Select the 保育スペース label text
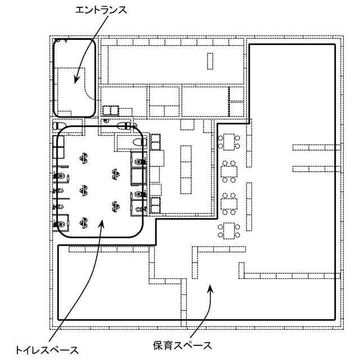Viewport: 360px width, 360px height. click(182, 344)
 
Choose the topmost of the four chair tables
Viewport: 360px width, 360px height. click(229, 141)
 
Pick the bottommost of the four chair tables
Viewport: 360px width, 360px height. click(229, 229)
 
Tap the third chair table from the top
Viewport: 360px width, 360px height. click(229, 202)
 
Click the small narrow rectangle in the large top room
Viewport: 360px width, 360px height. click(211, 61)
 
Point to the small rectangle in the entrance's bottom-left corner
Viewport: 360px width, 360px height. click(67, 110)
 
